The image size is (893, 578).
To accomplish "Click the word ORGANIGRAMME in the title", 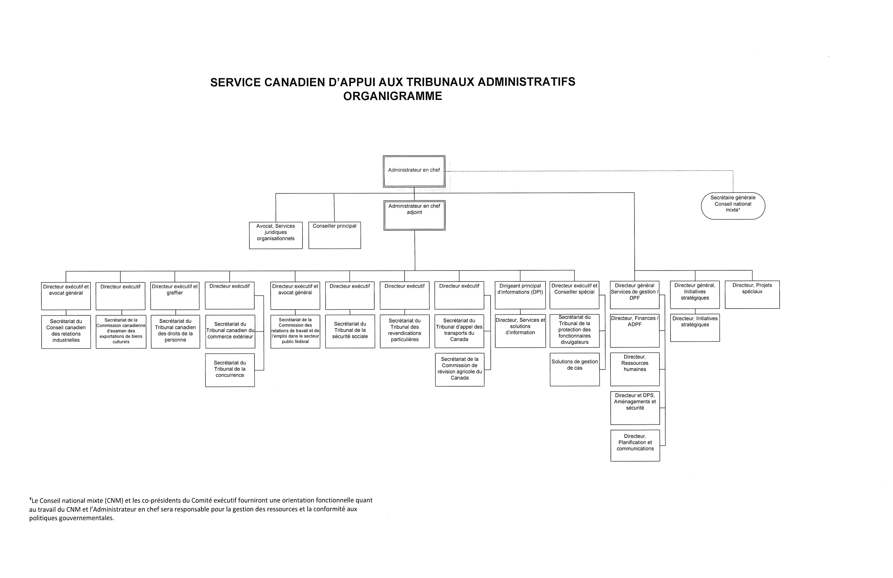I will pyautogui.click(x=392, y=96).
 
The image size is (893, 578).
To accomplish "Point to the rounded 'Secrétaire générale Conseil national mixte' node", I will pyautogui.click(x=733, y=206).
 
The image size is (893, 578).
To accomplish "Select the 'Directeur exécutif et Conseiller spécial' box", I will pyautogui.click(x=574, y=295).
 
